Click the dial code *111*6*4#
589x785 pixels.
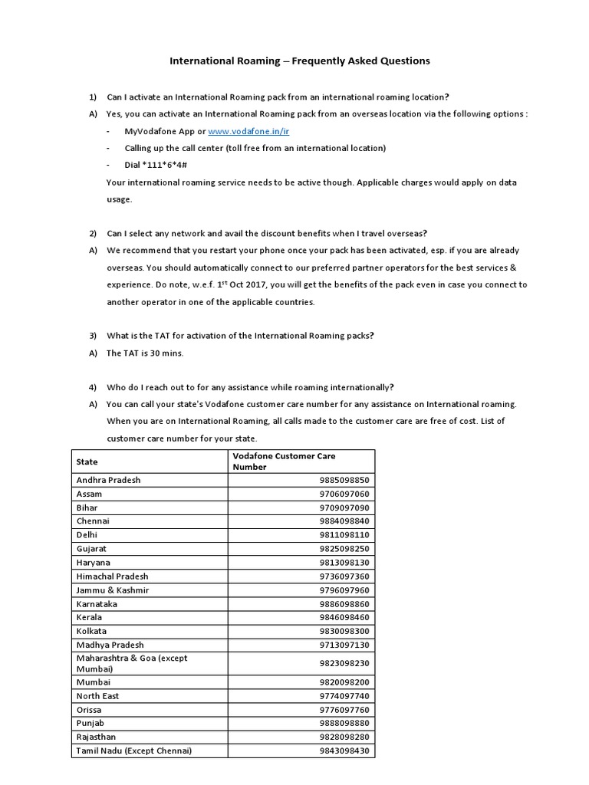click(157, 165)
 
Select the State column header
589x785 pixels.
click(87, 461)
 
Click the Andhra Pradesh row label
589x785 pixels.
click(108, 480)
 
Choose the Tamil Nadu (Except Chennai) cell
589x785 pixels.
click(133, 751)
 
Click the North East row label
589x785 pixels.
click(97, 695)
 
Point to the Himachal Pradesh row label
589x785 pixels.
click(112, 576)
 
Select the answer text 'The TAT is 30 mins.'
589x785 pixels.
click(145, 353)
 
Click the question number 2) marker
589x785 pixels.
click(93, 233)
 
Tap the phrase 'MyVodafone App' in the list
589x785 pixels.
click(158, 131)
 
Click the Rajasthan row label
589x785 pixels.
click(96, 737)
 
